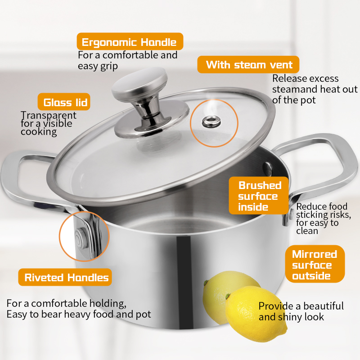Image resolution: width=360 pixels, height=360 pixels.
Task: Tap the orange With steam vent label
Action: click(248, 65)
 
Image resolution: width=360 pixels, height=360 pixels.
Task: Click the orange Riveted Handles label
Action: click(65, 277)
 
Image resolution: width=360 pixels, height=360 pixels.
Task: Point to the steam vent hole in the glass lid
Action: click(208, 121)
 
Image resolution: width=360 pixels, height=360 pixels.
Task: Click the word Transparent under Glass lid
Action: click(49, 115)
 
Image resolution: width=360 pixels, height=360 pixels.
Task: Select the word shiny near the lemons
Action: click(292, 317)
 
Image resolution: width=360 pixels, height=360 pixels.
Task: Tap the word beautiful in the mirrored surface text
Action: click(323, 306)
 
